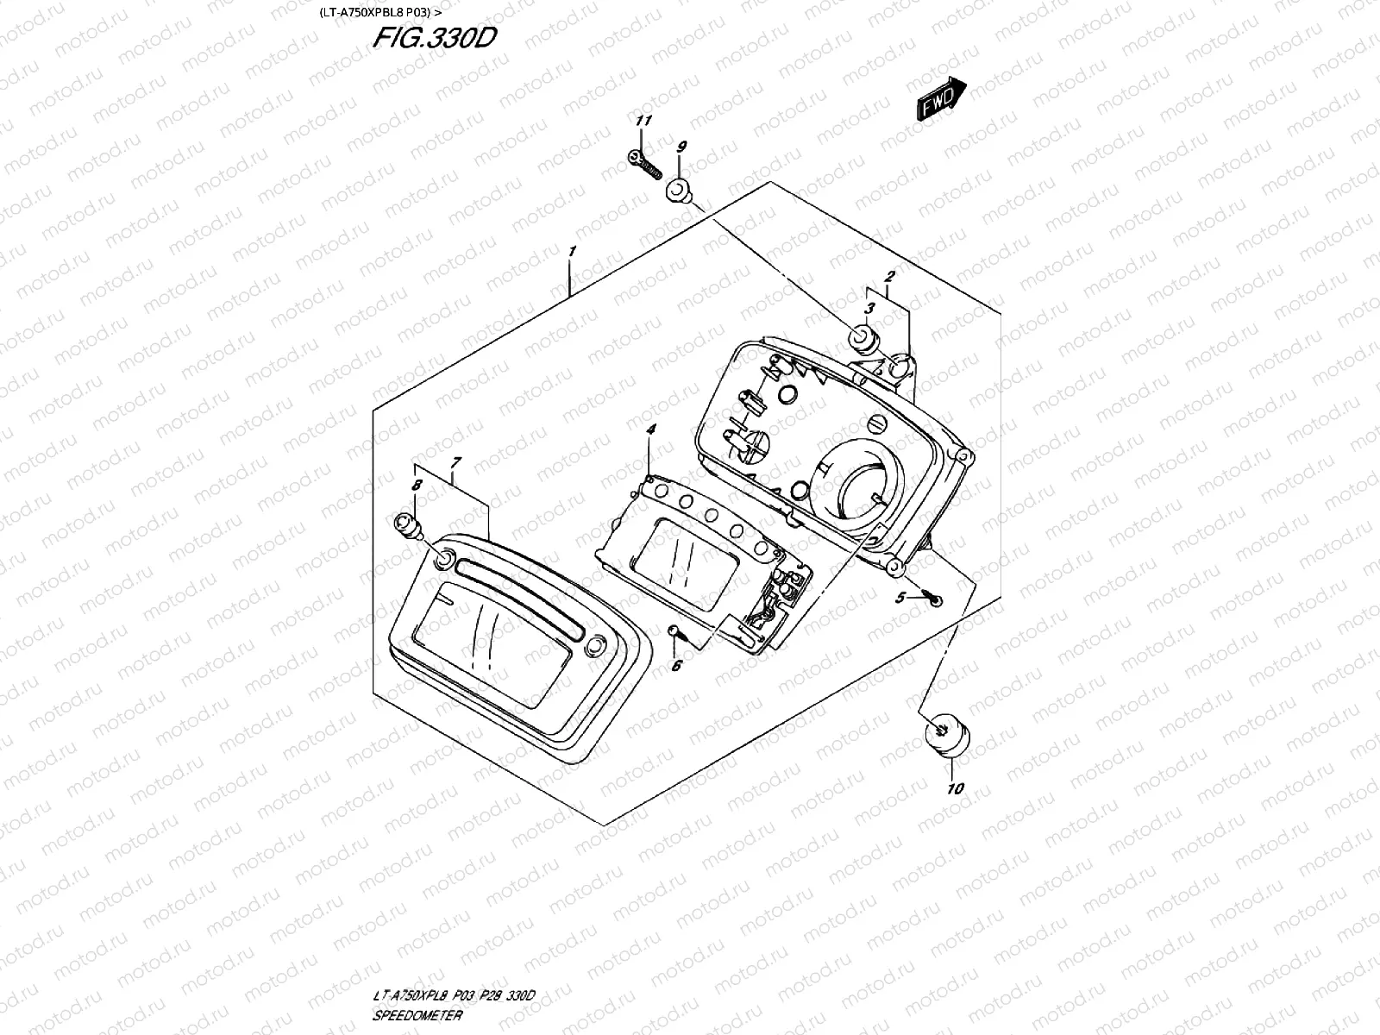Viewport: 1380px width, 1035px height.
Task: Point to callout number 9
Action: coord(681,147)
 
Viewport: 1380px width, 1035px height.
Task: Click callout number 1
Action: coord(571,251)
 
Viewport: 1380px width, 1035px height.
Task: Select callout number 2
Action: coord(889,277)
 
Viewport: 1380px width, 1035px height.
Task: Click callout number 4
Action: coord(651,429)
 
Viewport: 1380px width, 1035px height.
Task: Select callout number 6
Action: coord(676,665)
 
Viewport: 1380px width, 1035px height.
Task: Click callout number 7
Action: coord(456,463)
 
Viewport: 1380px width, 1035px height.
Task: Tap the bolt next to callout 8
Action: coord(406,524)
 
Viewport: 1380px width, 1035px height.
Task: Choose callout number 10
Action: coord(955,788)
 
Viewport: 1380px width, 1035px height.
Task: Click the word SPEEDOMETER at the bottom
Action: coord(417,1015)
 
